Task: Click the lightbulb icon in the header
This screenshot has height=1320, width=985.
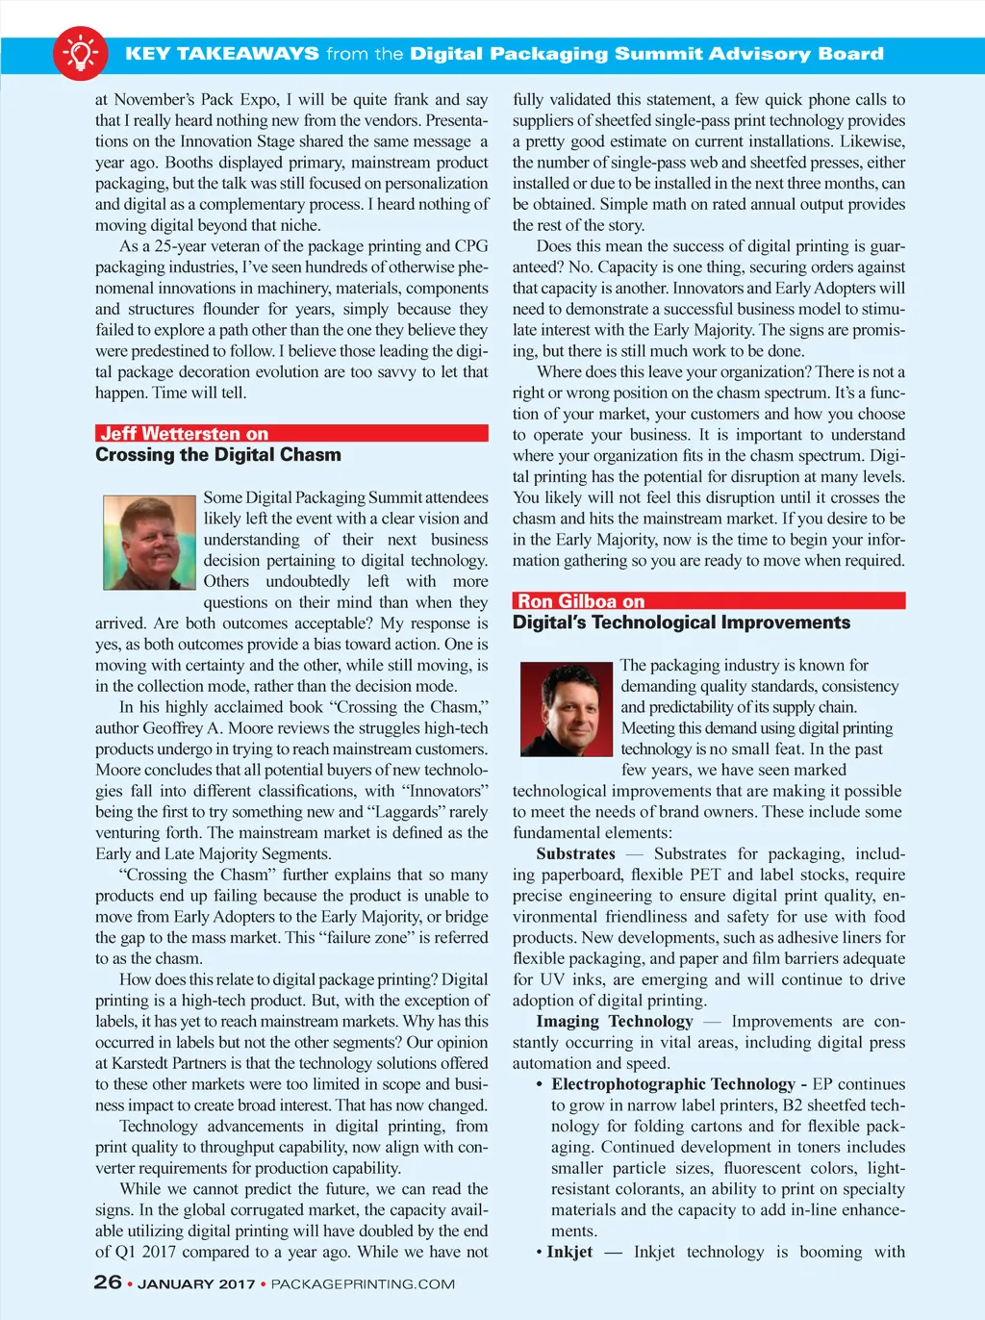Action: pos(80,53)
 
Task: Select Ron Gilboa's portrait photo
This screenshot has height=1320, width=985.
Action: pos(567,709)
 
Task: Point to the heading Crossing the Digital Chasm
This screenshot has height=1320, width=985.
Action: pos(218,455)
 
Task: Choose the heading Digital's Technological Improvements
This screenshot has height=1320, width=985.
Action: pos(681,622)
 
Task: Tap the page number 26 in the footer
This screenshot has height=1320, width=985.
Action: pos(108,1282)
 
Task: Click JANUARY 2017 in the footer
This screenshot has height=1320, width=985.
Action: pos(196,1283)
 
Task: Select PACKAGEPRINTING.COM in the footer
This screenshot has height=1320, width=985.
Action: pos(363,1283)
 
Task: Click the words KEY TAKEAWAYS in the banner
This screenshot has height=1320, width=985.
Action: pos(222,54)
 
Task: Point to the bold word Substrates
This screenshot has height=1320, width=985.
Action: pos(575,853)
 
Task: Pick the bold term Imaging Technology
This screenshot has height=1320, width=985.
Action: pos(615,1021)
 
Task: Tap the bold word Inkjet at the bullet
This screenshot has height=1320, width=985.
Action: pos(569,1252)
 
